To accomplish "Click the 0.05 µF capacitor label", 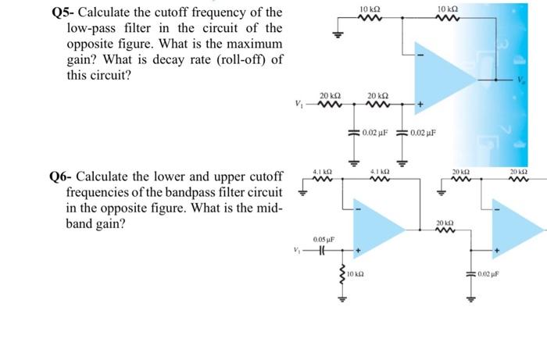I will coord(324,239).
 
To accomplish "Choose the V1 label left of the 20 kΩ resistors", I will coord(296,105).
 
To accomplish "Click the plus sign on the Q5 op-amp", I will coord(420,104).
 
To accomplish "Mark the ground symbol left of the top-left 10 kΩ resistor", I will coord(338,33).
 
